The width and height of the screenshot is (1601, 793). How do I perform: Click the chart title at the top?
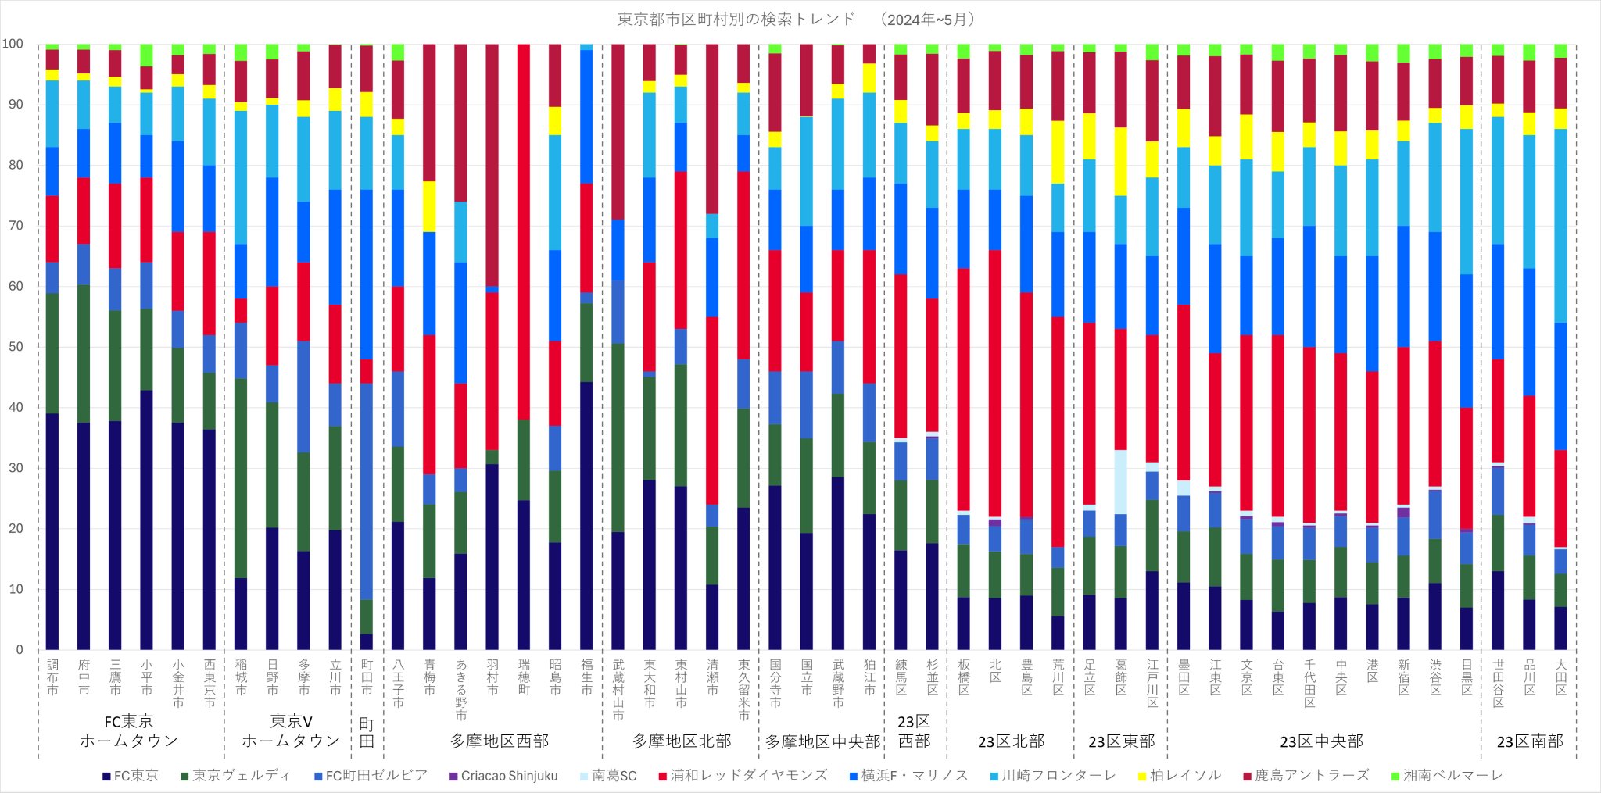tap(796, 20)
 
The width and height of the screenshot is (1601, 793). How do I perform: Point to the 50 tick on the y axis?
tap(15, 347)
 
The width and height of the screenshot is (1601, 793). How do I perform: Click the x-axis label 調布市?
tap(52, 677)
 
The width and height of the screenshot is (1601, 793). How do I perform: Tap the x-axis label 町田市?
tap(367, 677)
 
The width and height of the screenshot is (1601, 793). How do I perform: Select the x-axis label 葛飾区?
tap(1121, 677)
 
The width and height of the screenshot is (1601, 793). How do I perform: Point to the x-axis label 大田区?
tap(1560, 677)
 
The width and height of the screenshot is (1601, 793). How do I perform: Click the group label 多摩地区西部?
tap(500, 741)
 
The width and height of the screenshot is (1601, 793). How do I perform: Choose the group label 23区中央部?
tap(1321, 741)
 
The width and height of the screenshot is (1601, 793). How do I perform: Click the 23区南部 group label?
tap(1530, 741)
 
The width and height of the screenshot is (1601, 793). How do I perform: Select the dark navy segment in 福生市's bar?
tap(586, 516)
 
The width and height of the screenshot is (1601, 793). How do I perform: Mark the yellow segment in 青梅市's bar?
tap(429, 207)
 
